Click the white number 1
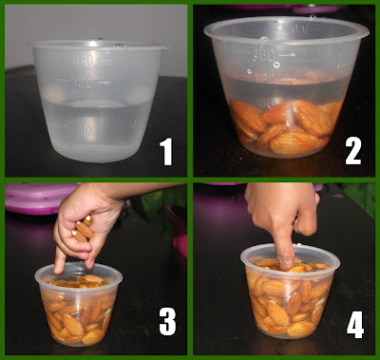(166, 151)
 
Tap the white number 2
(352, 151)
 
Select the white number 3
(167, 321)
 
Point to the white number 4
(355, 325)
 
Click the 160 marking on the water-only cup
(84, 60)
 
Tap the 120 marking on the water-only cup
(83, 84)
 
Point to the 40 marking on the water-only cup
(85, 130)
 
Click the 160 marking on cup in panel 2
(264, 55)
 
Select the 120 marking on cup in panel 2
(265, 78)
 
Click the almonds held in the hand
(83, 229)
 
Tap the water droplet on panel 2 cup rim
(263, 40)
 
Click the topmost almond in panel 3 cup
(92, 278)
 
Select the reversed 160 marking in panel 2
(299, 29)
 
